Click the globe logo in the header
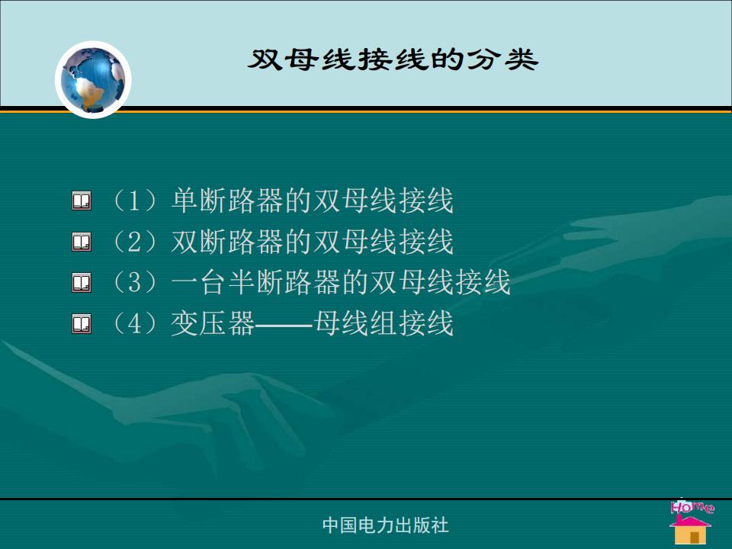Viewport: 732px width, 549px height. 93,80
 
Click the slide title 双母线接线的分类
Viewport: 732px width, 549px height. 393,59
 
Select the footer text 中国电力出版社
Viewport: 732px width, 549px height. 386,525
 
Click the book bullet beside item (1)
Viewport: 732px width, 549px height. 82,201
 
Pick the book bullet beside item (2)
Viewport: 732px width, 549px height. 82,242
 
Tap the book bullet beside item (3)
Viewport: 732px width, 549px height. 82,283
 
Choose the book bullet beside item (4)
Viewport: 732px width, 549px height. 82,324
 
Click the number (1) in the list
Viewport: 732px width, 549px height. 135,201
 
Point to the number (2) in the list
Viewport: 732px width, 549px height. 135,242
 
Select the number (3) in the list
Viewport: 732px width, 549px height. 135,283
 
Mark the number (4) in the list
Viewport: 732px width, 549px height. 135,324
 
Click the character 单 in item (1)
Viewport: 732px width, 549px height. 185,201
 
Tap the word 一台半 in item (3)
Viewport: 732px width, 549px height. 213,283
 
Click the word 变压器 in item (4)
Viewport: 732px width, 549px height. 213,324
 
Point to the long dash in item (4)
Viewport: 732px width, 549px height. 284,324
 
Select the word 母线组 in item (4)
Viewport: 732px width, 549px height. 355,324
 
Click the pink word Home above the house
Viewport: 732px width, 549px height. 692,507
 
